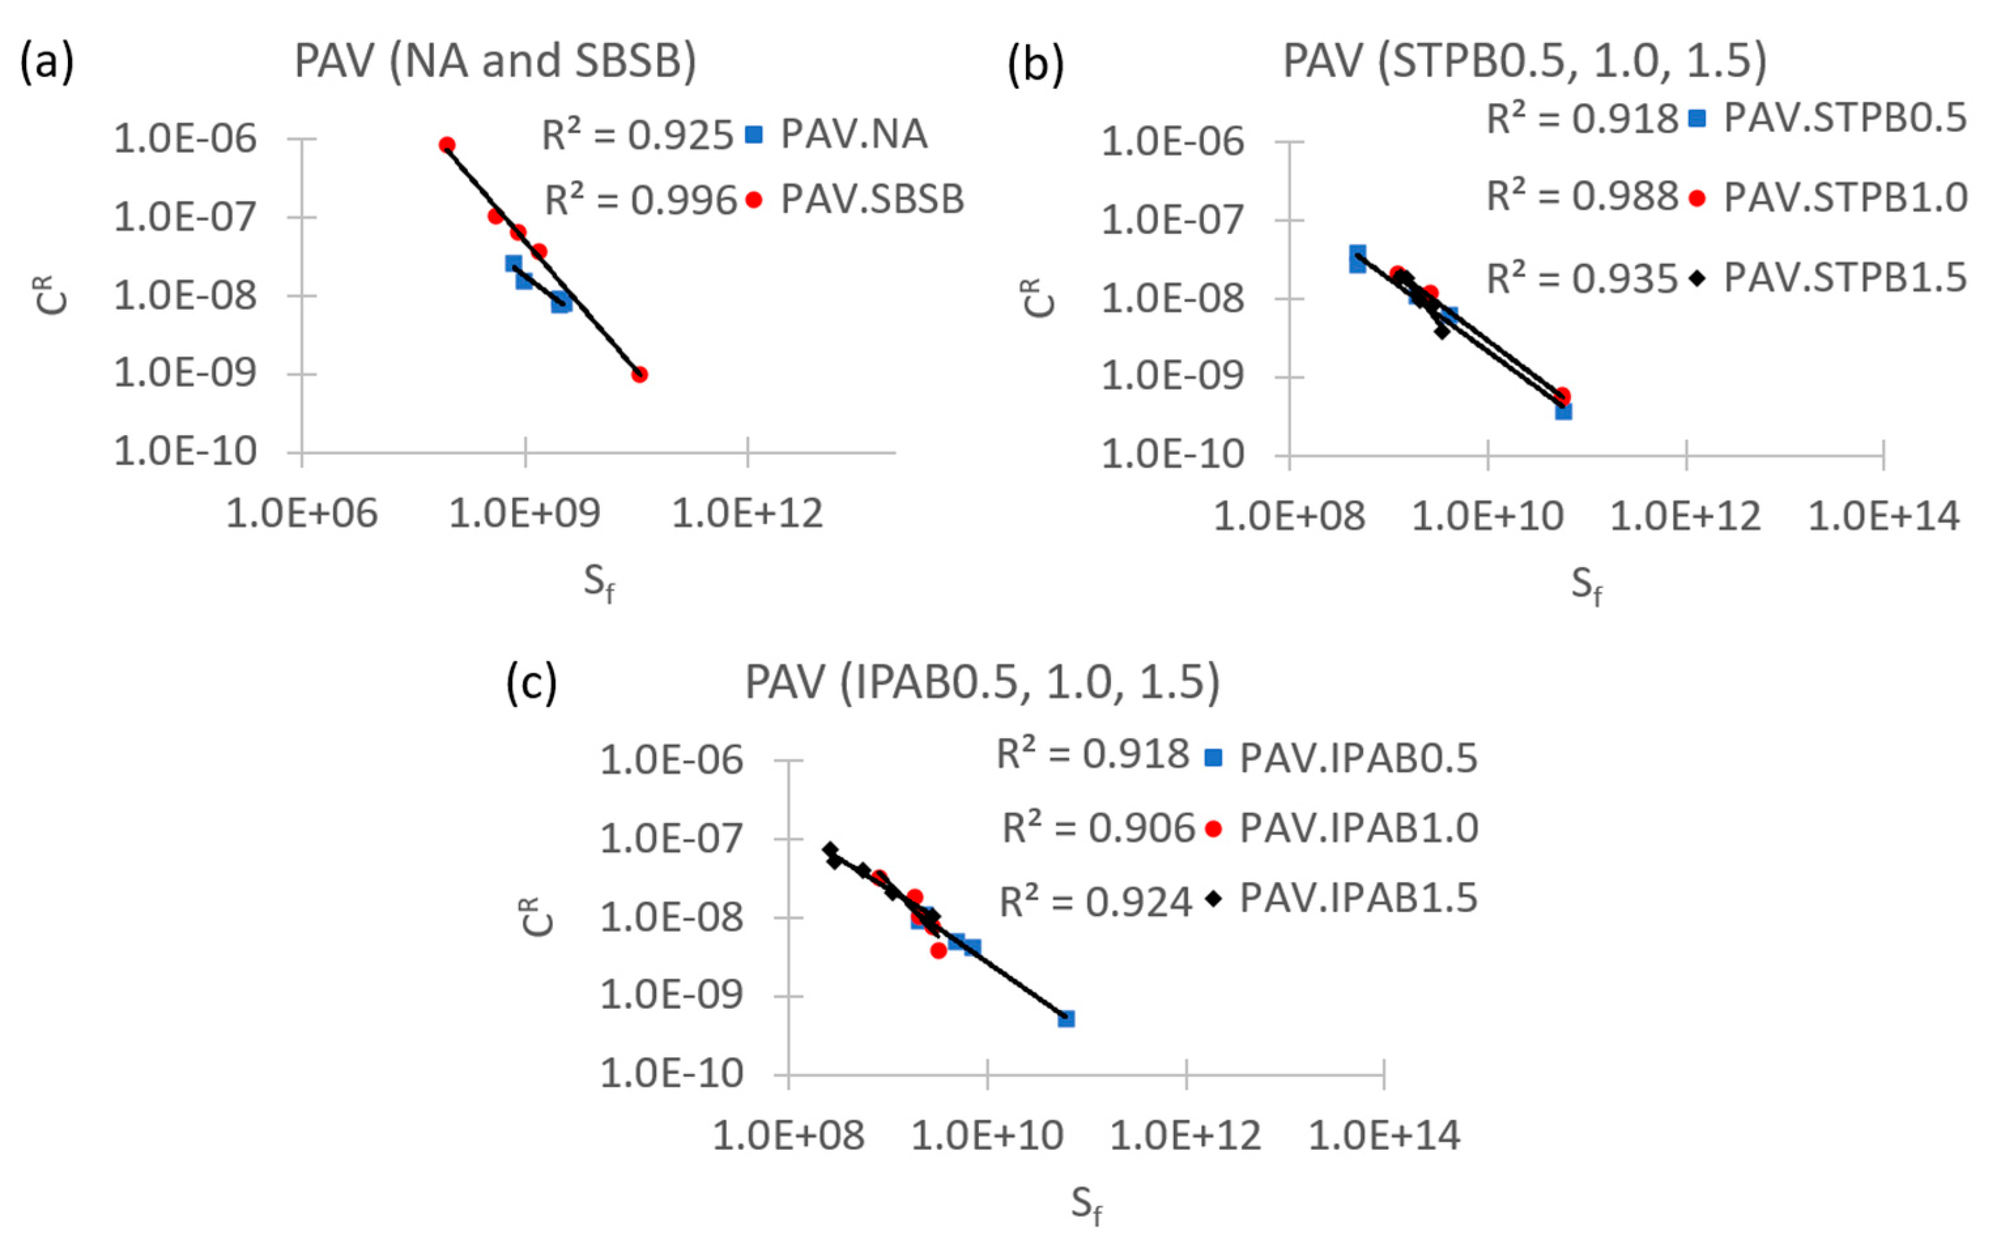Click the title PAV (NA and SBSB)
[495, 62]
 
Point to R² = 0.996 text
[640, 199]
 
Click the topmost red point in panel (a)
[446, 145]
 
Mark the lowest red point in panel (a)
[639, 374]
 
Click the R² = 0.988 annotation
[1582, 197]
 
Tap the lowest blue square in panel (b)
[1563, 410]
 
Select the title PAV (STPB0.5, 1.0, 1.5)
[1525, 62]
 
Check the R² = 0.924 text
[1096, 902]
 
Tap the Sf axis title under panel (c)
[1086, 1204]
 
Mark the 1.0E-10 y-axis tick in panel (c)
[672, 1074]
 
